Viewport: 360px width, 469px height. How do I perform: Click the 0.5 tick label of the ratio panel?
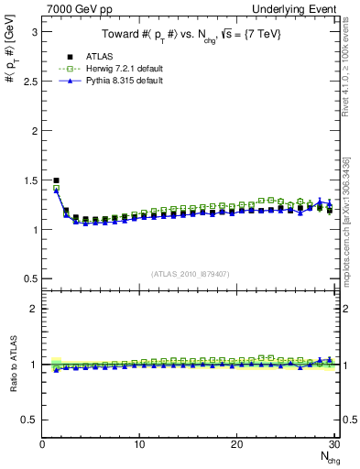(27, 420)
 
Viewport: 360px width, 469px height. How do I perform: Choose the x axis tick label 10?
(139, 444)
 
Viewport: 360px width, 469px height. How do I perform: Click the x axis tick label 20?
(236, 444)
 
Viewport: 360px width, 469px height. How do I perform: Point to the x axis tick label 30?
(333, 444)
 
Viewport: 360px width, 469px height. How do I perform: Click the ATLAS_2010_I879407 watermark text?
(189, 273)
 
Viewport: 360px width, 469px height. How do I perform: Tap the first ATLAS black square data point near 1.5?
(56, 180)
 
